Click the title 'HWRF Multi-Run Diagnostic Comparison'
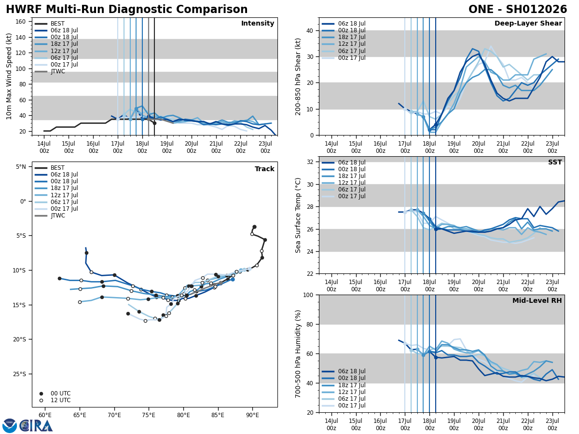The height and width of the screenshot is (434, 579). click(x=126, y=10)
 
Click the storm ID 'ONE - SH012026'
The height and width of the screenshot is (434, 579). click(x=518, y=10)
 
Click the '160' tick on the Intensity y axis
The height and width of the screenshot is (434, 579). click(x=21, y=21)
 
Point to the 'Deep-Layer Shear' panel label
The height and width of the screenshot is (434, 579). click(x=528, y=24)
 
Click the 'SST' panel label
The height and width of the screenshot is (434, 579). click(x=554, y=163)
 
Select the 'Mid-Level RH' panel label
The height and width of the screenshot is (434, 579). click(x=537, y=301)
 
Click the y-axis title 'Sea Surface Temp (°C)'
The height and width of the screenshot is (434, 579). click(x=299, y=215)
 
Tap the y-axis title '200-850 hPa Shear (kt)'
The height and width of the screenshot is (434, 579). click(x=299, y=76)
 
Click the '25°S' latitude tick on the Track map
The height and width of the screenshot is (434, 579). click(x=20, y=374)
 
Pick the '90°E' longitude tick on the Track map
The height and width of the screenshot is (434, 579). click(x=252, y=415)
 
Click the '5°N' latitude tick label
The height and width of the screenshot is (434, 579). click(x=21, y=167)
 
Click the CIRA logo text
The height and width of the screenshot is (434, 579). click(x=36, y=426)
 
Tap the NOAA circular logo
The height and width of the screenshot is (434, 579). click(x=10, y=426)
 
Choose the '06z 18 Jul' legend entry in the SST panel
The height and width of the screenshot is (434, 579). click(x=352, y=163)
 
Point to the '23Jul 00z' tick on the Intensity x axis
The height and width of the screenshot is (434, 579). click(x=265, y=147)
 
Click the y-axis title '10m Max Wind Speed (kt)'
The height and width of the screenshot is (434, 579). click(x=9, y=76)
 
